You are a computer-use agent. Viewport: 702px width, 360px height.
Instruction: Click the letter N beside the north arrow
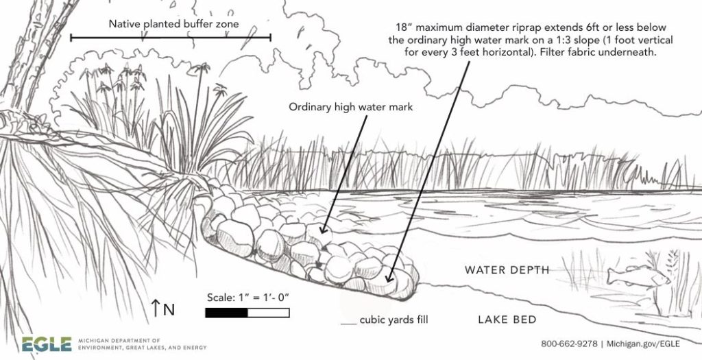pyautogui.click(x=169, y=309)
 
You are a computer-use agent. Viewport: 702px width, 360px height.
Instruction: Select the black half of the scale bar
pyautogui.click(x=226, y=313)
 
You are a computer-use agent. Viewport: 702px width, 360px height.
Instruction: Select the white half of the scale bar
pyautogui.click(x=268, y=313)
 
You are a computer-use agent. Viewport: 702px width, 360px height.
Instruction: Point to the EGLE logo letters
pyautogui.click(x=46, y=344)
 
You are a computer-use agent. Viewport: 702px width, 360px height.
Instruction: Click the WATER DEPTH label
pyautogui.click(x=507, y=270)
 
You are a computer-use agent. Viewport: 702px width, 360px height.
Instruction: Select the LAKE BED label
pyautogui.click(x=507, y=320)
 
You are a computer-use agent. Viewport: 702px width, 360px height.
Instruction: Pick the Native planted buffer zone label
pyautogui.click(x=173, y=24)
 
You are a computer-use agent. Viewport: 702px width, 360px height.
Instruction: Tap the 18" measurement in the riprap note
pyautogui.click(x=406, y=27)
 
